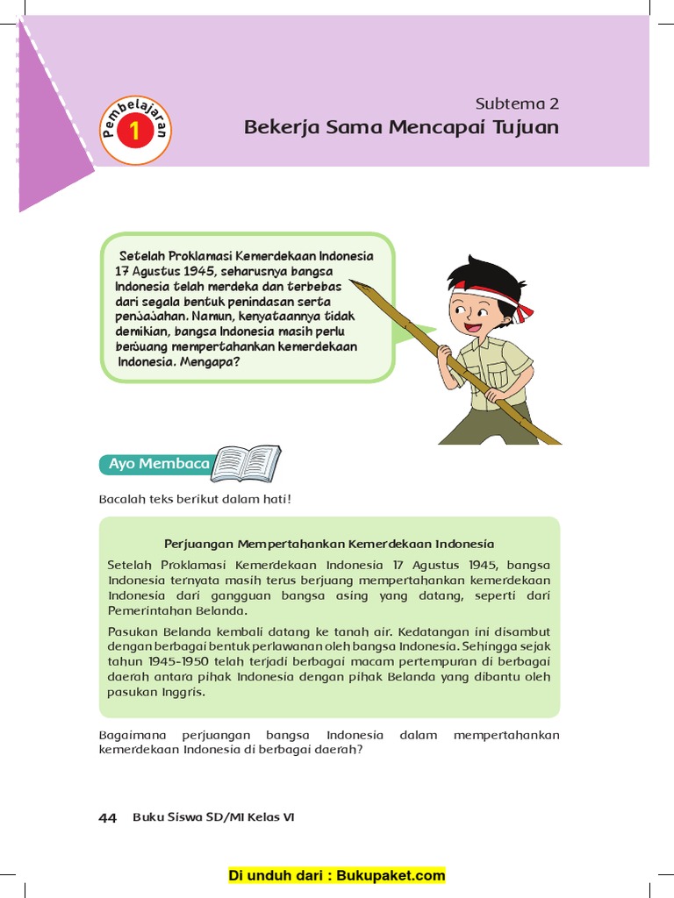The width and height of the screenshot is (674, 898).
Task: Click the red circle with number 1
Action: [x=135, y=132]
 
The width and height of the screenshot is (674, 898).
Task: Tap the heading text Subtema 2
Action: [x=516, y=103]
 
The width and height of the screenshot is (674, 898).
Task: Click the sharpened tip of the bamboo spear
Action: [x=354, y=283]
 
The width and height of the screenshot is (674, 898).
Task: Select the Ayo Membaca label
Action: [x=159, y=463]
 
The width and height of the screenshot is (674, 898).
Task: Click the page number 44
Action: [x=107, y=817]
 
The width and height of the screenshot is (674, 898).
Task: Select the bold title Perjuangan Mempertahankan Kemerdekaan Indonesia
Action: [x=329, y=544]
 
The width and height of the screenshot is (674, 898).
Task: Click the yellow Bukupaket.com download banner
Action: [x=337, y=875]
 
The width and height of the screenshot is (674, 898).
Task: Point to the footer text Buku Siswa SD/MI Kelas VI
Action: [x=213, y=817]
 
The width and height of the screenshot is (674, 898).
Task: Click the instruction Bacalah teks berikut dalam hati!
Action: [x=194, y=499]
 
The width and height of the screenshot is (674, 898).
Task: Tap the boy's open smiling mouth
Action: [x=474, y=328]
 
